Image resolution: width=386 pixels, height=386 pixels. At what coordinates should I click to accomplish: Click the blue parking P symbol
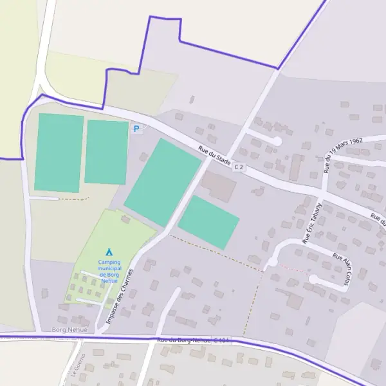136,129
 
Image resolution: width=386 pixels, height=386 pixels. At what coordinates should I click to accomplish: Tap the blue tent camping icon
109,252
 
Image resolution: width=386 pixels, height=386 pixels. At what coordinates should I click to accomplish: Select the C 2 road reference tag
239,167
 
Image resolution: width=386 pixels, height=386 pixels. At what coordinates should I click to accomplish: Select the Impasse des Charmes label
119,297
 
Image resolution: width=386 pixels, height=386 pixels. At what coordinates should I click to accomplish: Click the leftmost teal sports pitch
59,152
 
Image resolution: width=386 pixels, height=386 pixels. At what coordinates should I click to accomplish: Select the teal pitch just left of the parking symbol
106,152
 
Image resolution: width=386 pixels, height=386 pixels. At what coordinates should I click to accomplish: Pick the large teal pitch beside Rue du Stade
163,183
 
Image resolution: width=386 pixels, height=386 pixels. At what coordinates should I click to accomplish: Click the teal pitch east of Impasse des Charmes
208,222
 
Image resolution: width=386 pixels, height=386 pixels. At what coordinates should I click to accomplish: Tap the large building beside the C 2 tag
219,187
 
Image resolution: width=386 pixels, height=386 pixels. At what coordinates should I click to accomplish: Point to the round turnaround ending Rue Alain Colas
313,279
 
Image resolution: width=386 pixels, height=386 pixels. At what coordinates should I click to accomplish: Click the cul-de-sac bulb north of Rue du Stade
277,141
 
